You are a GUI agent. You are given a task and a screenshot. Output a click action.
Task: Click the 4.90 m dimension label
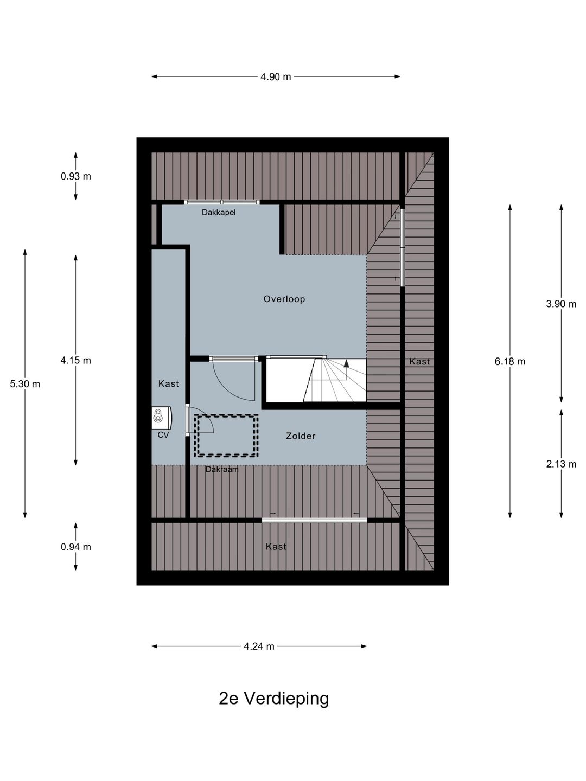[276, 76]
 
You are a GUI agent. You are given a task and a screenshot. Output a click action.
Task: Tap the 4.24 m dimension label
[259, 646]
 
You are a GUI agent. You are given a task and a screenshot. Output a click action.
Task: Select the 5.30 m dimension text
[25, 384]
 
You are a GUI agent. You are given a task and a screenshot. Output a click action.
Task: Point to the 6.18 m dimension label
[510, 362]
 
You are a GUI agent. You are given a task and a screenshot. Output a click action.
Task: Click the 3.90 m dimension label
[561, 304]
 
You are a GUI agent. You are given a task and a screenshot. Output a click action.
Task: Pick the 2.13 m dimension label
[561, 464]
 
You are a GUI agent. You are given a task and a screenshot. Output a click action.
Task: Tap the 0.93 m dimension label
[76, 176]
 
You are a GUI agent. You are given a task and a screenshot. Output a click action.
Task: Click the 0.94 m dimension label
[76, 547]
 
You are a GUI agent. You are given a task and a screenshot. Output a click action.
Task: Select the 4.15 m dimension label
[76, 361]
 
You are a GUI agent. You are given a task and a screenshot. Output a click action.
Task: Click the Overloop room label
[284, 299]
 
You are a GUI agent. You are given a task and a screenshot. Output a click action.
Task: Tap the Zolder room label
[301, 436]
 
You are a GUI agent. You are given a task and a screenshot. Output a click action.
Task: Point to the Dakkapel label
[219, 213]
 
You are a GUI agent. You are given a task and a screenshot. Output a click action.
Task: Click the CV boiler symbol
[162, 418]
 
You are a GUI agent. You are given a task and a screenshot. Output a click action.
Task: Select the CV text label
[163, 435]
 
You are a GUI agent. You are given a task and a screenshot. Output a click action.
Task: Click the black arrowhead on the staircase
[346, 363]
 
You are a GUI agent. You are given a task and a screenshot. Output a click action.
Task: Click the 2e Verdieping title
[273, 698]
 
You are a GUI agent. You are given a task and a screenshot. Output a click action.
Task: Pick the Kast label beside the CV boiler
[168, 383]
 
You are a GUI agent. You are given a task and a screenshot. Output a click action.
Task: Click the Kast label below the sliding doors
[276, 546]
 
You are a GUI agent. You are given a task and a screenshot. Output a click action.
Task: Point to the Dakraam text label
[222, 469]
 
